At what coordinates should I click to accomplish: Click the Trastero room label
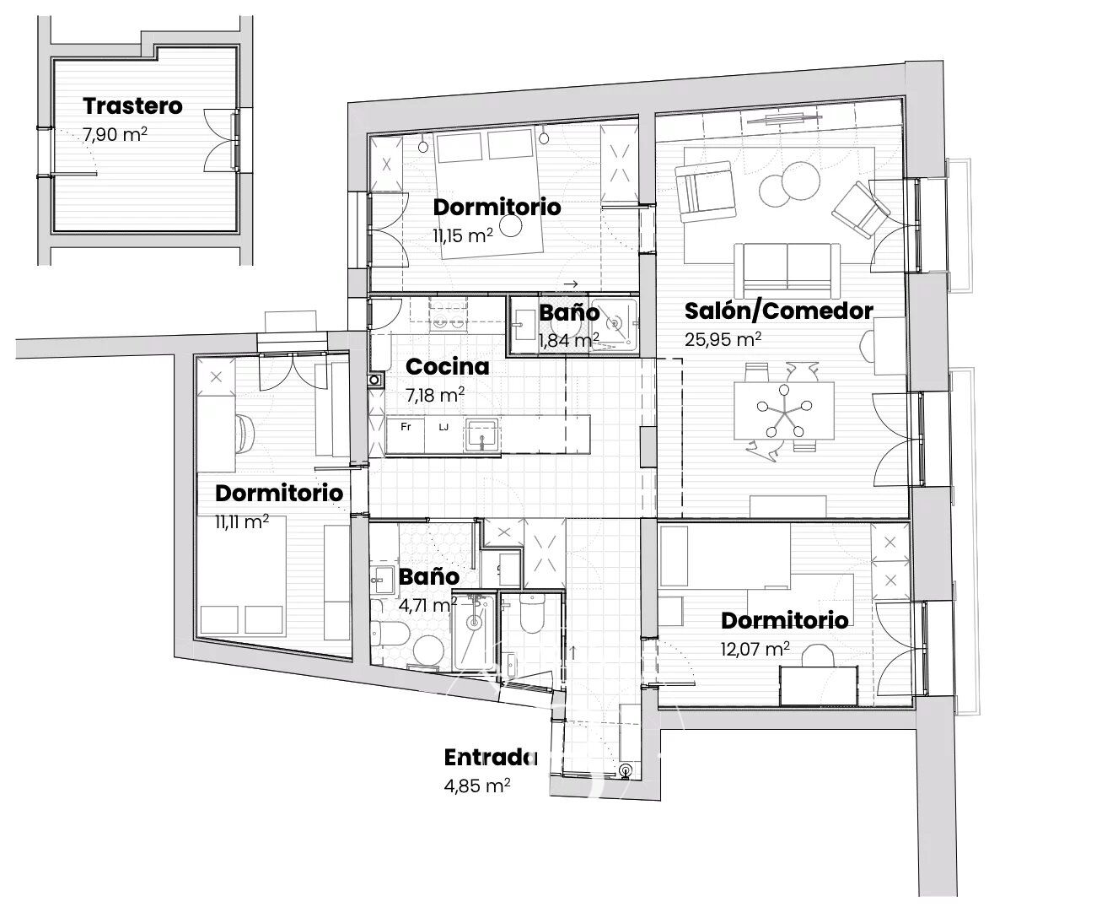point(132,106)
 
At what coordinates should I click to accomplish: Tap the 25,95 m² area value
point(723,339)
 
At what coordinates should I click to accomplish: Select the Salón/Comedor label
point(779,311)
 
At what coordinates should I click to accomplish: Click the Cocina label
point(447,367)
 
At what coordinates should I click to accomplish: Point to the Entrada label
point(491,758)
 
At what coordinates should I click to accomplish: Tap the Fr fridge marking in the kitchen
point(406,427)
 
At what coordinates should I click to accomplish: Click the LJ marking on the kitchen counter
point(443,427)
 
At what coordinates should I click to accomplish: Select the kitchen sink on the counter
point(481,435)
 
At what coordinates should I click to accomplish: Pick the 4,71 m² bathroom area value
point(427,605)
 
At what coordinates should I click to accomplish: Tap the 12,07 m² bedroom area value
point(755,649)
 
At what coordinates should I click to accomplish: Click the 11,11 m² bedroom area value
point(242,521)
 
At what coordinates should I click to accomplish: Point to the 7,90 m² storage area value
point(115,134)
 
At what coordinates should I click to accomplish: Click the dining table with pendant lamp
point(784,411)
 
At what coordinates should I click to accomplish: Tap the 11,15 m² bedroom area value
point(463,235)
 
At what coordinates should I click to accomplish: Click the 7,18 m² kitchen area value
point(435,395)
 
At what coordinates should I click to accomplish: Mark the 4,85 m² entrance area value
point(477,786)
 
